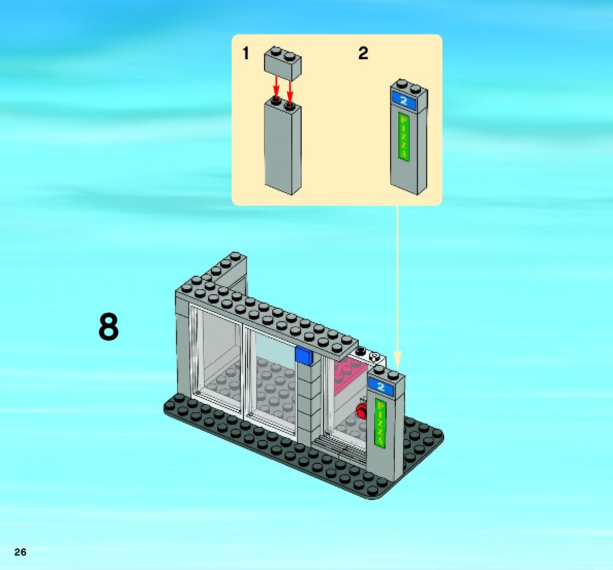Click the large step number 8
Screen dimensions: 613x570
109,328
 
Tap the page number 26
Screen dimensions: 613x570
20,552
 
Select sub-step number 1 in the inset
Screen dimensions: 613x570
246,54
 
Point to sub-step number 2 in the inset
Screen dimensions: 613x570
363,54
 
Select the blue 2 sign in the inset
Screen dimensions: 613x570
404,100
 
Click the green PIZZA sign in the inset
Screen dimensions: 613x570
404,137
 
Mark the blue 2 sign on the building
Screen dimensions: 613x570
381,387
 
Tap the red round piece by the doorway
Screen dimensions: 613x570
362,411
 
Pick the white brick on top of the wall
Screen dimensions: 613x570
369,356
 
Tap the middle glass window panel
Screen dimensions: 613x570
270,381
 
